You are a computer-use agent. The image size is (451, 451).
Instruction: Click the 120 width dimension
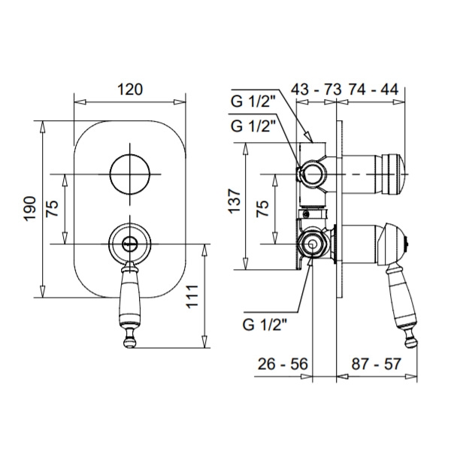coord(130,89)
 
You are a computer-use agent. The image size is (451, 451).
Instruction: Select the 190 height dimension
coord(30,209)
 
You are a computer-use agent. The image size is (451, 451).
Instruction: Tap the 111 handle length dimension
coord(192,297)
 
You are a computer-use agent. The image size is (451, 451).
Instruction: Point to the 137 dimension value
coord(235,201)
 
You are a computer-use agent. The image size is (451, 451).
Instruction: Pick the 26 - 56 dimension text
coord(283,364)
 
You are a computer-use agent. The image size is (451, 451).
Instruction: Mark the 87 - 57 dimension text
coord(376,364)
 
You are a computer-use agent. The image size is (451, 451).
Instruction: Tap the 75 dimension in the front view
coord(53,208)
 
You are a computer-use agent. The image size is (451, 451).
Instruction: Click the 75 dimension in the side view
coord(262,208)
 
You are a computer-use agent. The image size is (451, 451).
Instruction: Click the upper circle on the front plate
coord(130,174)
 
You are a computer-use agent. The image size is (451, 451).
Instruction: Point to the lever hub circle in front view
coord(130,244)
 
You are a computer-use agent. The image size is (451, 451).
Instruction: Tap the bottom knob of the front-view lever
coord(130,341)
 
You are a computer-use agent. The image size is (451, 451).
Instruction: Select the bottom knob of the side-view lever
coord(410,341)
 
